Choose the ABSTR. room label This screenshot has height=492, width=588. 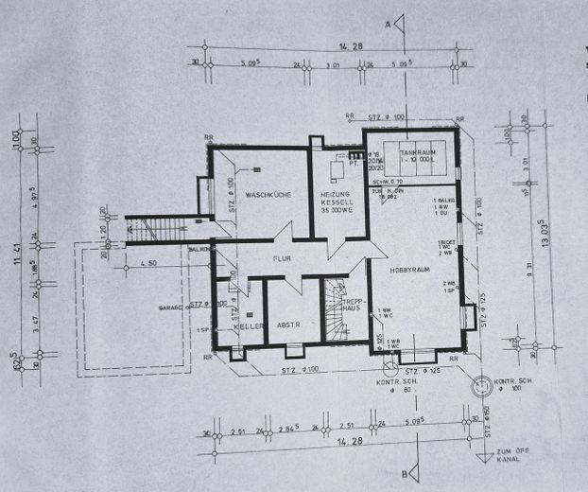coord(288,325)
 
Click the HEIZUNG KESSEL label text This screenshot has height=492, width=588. coord(337,201)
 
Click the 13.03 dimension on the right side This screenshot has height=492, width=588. coord(544,232)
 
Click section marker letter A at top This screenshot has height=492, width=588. coord(387,23)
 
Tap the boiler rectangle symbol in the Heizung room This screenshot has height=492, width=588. coord(336,170)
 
